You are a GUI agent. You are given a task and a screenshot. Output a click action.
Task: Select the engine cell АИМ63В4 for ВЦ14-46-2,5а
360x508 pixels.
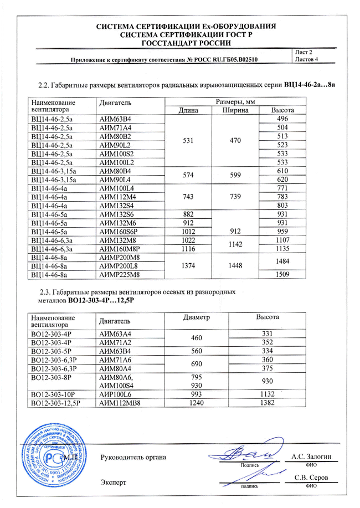coord(115,120)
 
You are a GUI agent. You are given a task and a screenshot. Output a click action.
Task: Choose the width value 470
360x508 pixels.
coord(236,141)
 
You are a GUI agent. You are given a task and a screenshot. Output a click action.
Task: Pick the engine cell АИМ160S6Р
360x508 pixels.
coord(120,232)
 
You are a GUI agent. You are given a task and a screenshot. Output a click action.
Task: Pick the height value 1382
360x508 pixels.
coord(268,403)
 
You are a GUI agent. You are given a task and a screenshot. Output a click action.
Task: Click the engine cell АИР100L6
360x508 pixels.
coord(116,393)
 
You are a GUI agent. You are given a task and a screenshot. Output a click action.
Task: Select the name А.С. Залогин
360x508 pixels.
coord(311,456)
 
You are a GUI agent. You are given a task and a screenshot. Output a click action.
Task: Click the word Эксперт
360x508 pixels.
coord(114,483)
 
